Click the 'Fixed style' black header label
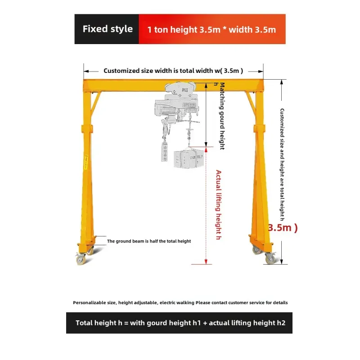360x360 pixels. [x=108, y=29]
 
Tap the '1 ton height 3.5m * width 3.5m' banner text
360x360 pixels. [x=211, y=30]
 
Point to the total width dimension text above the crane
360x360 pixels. [x=173, y=71]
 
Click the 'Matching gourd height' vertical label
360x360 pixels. [x=222, y=116]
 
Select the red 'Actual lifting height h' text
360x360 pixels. [x=219, y=205]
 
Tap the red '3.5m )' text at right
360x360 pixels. [x=283, y=228]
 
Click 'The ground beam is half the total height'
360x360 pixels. [x=149, y=241]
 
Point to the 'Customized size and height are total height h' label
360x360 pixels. [x=282, y=164]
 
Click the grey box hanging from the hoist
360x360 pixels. [x=189, y=159]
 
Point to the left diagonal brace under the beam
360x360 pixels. [x=95, y=104]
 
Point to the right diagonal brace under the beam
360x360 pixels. [x=251, y=104]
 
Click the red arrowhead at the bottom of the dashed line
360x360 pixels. [x=206, y=261]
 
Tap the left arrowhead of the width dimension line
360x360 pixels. [x=86, y=72]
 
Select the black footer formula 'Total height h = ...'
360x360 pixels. [x=180, y=323]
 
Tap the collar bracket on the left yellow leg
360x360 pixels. [x=87, y=129]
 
